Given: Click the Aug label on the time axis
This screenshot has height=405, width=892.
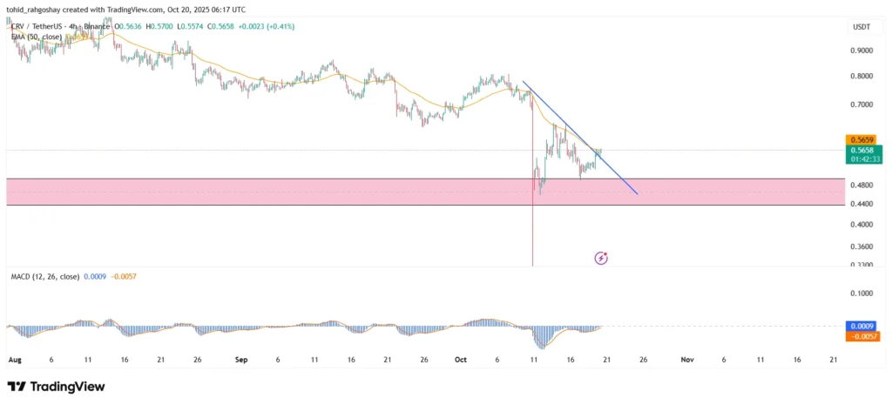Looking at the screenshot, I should point(14,359).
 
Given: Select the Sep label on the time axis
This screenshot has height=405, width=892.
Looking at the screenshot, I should point(241,359).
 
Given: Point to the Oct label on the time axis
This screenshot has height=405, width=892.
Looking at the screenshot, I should point(460,359).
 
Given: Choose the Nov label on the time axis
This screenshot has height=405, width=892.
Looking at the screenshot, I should point(687,359).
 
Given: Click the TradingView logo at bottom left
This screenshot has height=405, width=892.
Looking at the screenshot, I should point(56,386).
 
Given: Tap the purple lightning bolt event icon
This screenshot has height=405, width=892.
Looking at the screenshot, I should point(601,258).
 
